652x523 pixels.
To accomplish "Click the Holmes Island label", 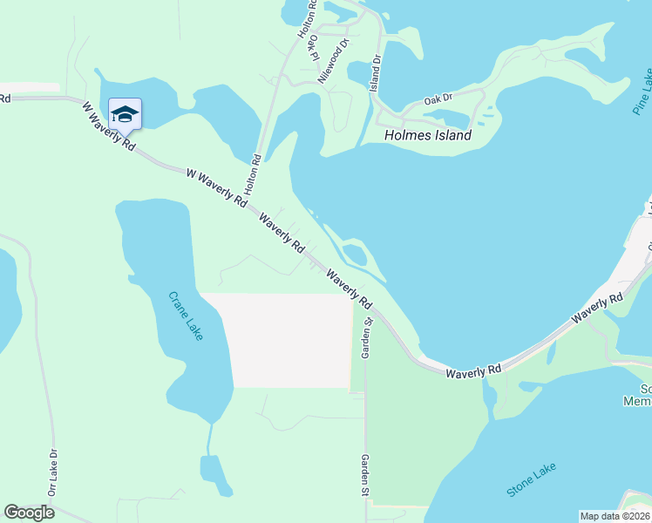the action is [x=428, y=135].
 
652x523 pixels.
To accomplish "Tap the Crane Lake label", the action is [x=186, y=316].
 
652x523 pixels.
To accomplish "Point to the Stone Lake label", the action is [x=531, y=480].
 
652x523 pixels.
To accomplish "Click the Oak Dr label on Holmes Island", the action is [x=438, y=98].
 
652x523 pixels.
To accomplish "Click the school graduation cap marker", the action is [x=125, y=114].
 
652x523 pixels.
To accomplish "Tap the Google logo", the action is [x=29, y=512].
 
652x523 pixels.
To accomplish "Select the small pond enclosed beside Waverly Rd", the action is [x=354, y=255].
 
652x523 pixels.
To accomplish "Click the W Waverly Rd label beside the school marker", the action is [x=108, y=127].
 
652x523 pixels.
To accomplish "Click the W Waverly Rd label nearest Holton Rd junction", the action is [x=216, y=187].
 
